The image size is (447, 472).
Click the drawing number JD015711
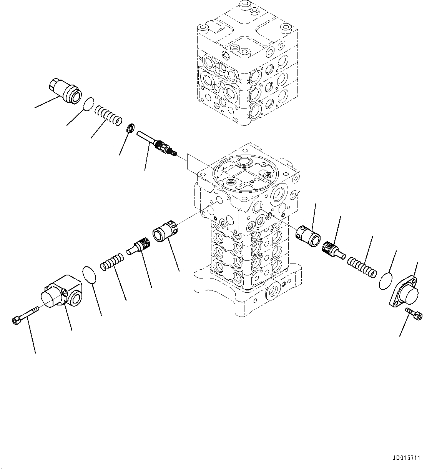coord(407,458)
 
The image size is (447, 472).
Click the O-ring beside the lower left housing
coord(90,275)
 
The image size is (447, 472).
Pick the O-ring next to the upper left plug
coord(88,104)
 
